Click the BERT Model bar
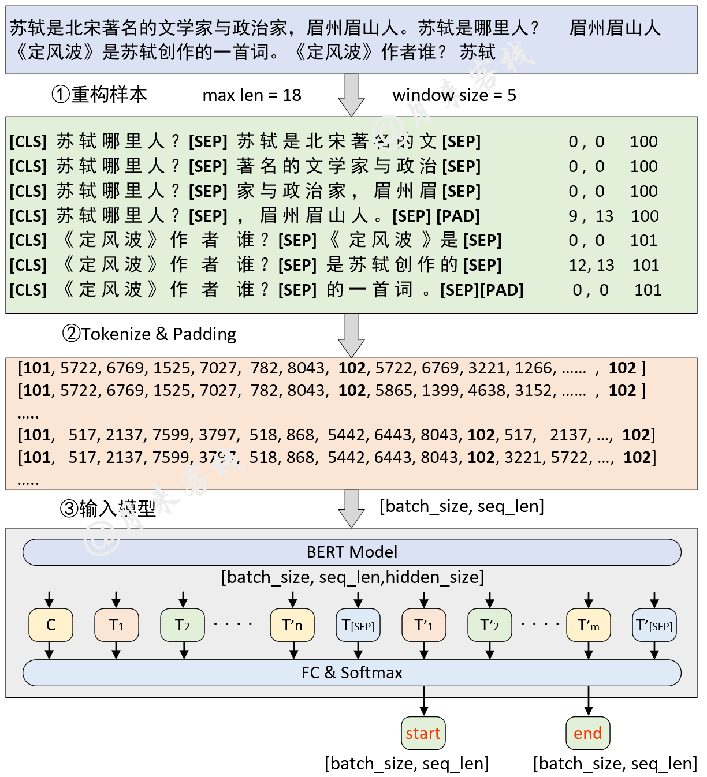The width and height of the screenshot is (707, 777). tap(352, 552)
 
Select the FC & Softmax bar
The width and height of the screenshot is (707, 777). tap(352, 673)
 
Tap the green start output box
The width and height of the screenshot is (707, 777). tap(423, 733)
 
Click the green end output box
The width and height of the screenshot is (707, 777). tap(587, 733)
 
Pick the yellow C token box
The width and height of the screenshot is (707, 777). tap(51, 625)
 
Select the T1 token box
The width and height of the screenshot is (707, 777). tap(117, 625)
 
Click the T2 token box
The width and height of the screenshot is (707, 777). tap(183, 625)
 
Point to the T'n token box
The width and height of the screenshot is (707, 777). tap(292, 625)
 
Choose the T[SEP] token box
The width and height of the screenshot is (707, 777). tap(358, 625)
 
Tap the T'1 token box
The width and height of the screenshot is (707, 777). tap(424, 625)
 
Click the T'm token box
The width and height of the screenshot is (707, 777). tap(589, 625)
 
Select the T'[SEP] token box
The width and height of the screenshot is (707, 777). tap(654, 625)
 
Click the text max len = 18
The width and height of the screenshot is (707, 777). tap(252, 95)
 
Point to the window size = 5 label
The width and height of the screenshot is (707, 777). tap(454, 95)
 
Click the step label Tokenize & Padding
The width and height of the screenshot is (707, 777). tap(149, 334)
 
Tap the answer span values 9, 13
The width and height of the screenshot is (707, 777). tap(590, 216)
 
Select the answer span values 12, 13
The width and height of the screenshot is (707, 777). tap(591, 265)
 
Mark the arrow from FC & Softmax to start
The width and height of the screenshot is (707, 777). tap(424, 701)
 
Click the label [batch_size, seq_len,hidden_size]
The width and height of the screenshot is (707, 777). tap(352, 577)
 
